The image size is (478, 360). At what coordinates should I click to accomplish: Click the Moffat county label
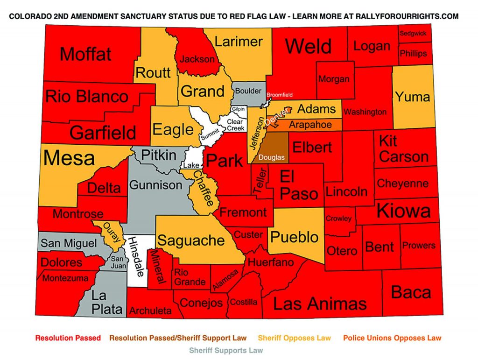click(x=86, y=54)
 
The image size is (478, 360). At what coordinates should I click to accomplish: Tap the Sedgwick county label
click(x=413, y=34)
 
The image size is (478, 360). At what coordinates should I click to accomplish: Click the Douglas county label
click(x=271, y=158)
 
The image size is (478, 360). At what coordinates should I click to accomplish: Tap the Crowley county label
click(x=339, y=219)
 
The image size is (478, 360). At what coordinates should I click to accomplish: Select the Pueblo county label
click(x=295, y=237)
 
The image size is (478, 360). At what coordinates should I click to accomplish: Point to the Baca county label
click(x=411, y=292)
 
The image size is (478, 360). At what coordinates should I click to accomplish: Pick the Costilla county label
click(x=244, y=302)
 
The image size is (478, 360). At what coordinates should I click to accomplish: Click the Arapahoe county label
click(x=310, y=125)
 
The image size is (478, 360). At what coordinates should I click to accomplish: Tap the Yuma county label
click(x=412, y=97)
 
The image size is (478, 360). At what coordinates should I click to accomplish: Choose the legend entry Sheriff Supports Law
click(x=226, y=350)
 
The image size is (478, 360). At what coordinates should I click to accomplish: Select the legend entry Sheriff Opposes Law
click(x=295, y=338)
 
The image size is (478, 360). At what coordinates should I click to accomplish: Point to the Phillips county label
click(x=413, y=53)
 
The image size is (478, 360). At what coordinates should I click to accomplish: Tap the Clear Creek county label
click(x=235, y=125)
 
